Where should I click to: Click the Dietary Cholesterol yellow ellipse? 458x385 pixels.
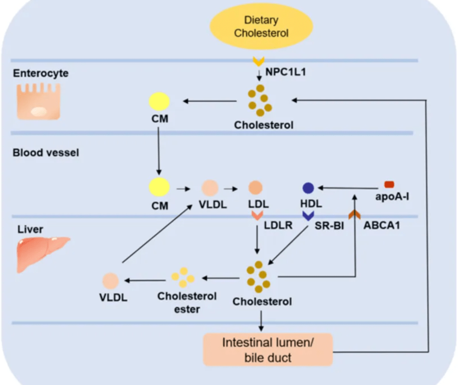pyautogui.click(x=262, y=26)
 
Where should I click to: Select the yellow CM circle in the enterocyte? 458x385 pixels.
pyautogui.click(x=159, y=102)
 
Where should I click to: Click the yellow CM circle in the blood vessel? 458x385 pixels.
pyautogui.click(x=159, y=187)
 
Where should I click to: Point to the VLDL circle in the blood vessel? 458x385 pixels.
pyautogui.click(x=210, y=188)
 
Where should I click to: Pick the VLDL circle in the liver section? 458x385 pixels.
pyautogui.click(x=110, y=281)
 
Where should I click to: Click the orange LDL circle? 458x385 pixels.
pyautogui.click(x=255, y=188)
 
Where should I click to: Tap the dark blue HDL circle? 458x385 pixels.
pyautogui.click(x=309, y=188)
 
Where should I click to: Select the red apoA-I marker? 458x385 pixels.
pyautogui.click(x=389, y=184)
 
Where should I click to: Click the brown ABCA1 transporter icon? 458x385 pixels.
pyautogui.click(x=355, y=214)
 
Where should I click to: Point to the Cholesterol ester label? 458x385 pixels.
pyautogui.click(x=187, y=302)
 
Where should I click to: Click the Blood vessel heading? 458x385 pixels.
pyautogui.click(x=46, y=153)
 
